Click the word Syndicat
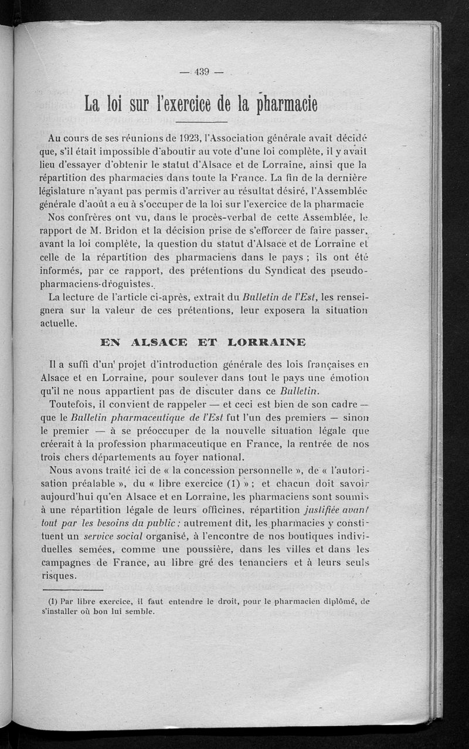296,272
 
